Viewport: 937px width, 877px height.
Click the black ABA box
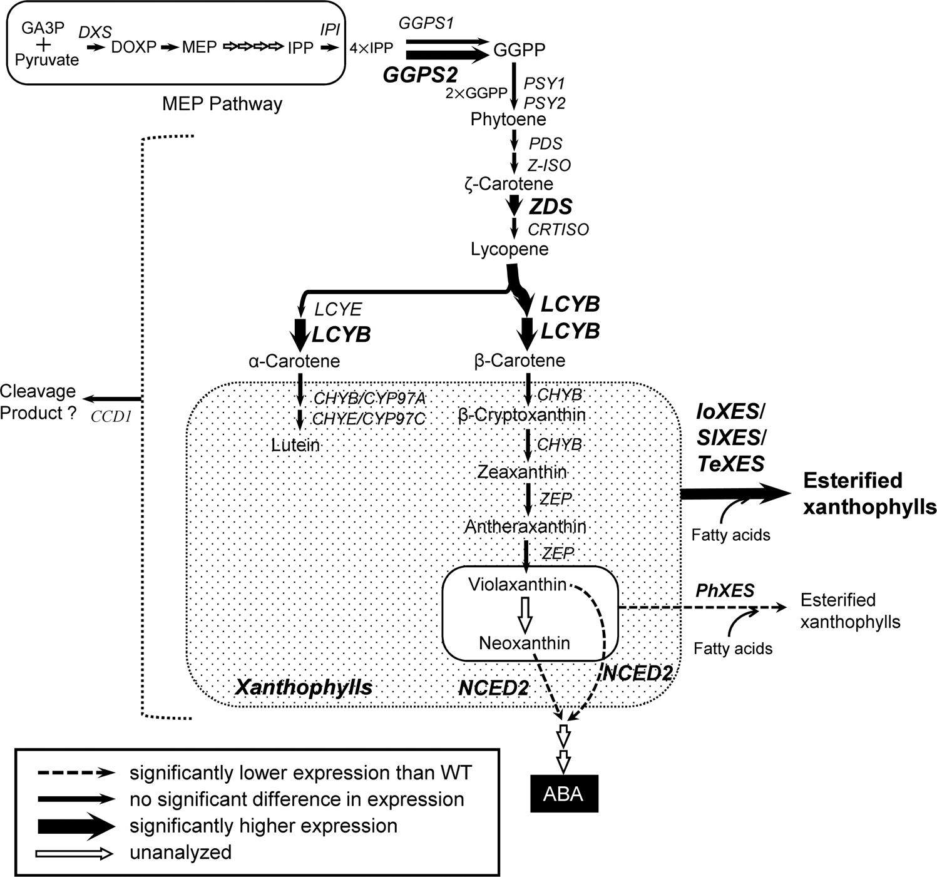click(564, 793)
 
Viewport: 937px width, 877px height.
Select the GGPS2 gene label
click(420, 75)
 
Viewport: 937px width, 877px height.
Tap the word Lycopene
click(509, 249)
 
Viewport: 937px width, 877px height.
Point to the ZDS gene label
click(551, 206)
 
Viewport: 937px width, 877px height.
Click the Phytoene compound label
click(508, 119)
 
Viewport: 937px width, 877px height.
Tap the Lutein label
click(295, 445)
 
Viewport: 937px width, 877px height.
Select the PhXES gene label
click(725, 590)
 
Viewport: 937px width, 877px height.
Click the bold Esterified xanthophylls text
click(869, 493)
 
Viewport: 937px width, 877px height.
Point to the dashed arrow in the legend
click(76, 773)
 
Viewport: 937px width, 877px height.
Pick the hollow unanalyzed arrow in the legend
click(74, 853)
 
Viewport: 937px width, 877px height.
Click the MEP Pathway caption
click(222, 103)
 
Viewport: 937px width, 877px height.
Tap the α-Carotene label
click(294, 361)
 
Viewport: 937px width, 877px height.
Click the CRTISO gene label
click(558, 229)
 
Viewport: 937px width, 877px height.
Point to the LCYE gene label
click(338, 309)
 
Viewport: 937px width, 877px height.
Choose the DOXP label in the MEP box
click(133, 47)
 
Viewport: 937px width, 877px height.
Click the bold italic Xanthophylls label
click(304, 687)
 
